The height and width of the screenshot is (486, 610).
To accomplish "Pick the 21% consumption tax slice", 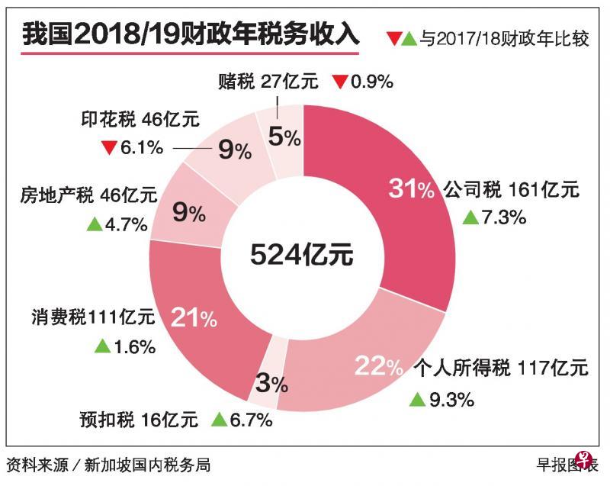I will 191,313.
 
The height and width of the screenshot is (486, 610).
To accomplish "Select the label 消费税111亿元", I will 92,317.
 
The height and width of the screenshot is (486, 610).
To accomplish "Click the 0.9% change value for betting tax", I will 371,81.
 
